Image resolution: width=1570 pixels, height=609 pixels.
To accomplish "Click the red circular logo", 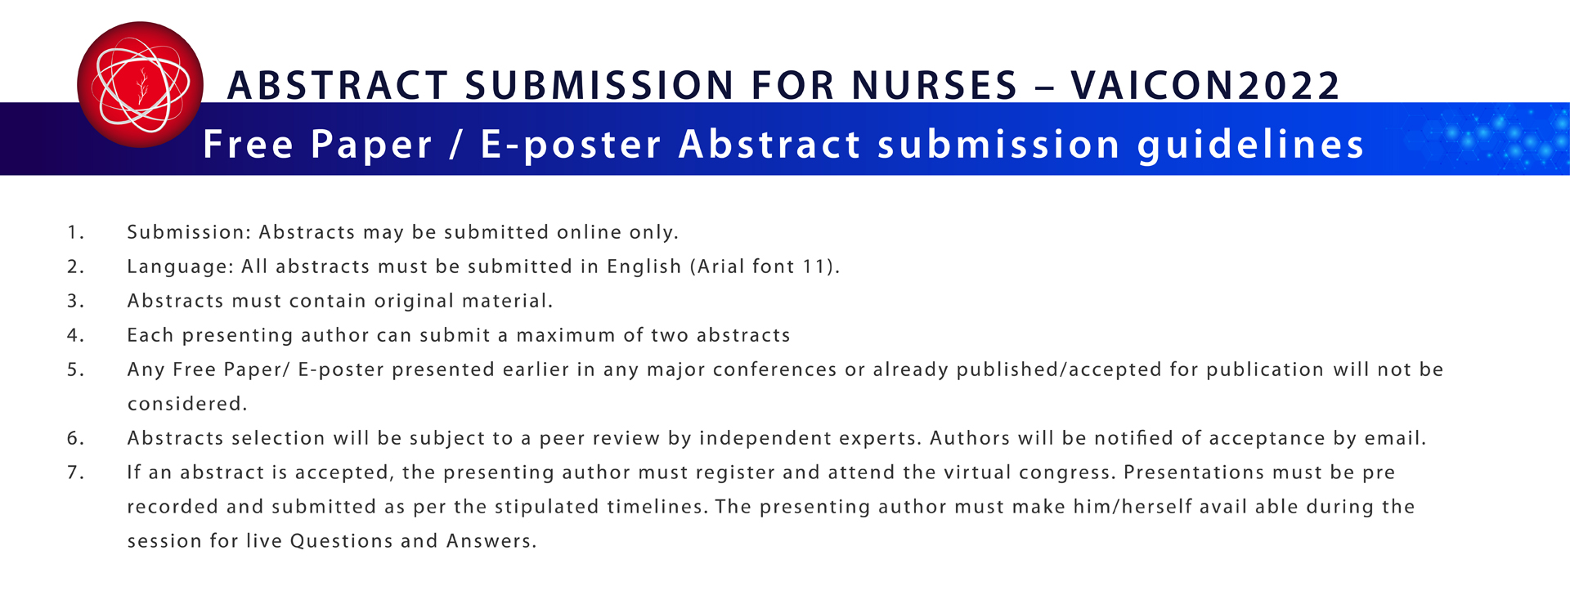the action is click(x=140, y=84).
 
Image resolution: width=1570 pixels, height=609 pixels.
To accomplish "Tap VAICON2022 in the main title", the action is click(x=1205, y=86).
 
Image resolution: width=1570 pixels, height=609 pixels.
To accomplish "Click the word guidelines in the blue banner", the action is click(x=1251, y=145).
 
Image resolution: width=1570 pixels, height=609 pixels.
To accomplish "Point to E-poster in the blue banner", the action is click(x=571, y=145).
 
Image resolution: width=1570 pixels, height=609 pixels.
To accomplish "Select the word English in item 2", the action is click(x=644, y=266).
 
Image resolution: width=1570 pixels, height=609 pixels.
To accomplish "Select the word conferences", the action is click(x=775, y=369).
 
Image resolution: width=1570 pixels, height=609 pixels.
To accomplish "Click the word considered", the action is click(x=186, y=404).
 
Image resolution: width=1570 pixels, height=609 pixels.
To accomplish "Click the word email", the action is click(x=1395, y=438).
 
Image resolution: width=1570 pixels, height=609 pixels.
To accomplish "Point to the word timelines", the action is click(x=657, y=507).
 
